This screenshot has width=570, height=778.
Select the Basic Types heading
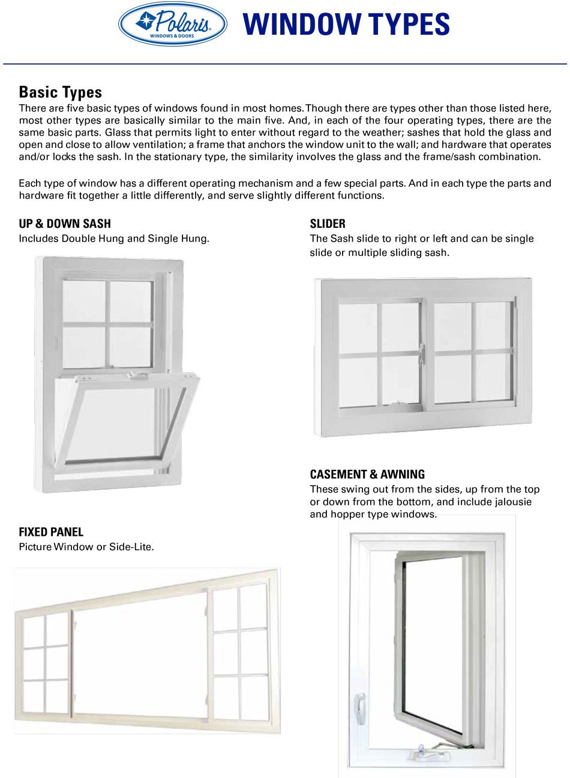pos(60,92)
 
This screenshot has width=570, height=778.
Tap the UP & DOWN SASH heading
pos(65,224)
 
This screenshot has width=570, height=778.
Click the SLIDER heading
pos(328,224)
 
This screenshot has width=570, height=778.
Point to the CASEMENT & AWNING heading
pos(367,474)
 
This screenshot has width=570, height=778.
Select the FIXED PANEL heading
pos(51,532)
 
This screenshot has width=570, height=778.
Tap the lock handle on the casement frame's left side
pos(361,707)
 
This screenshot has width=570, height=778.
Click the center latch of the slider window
pos(422,354)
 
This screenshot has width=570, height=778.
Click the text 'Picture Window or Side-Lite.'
pos(86,547)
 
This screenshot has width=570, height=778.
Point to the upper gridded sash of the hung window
pos(108,324)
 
